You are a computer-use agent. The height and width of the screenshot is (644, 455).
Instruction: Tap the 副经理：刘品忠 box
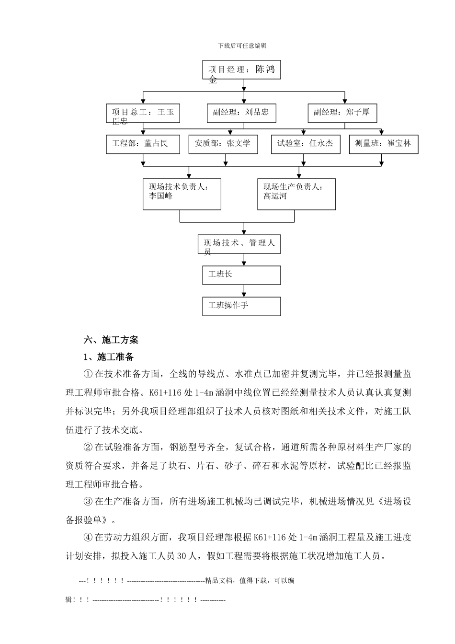pyautogui.click(x=241, y=113)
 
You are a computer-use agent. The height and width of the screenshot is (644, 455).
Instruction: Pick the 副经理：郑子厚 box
pyautogui.click(x=342, y=113)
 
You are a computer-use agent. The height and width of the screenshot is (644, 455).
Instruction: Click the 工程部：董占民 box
pyautogui.click(x=143, y=144)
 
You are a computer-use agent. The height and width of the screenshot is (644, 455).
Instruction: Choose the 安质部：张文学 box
pyautogui.click(x=223, y=144)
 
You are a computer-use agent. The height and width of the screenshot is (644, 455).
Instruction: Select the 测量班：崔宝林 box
pyautogui.click(x=383, y=144)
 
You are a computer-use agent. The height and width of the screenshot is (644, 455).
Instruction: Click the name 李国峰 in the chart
pyautogui.click(x=161, y=196)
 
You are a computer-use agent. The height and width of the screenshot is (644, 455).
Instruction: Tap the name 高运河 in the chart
pyautogui.click(x=275, y=196)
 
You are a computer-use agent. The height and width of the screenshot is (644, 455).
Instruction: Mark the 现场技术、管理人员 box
pyautogui.click(x=239, y=244)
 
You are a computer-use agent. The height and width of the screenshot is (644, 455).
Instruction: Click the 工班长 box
pyautogui.click(x=241, y=275)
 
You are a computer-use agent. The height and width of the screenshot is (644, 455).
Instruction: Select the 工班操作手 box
pyautogui.click(x=241, y=306)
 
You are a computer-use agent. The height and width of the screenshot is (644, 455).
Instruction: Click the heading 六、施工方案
pyautogui.click(x=111, y=340)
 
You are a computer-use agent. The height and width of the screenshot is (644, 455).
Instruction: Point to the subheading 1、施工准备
pyautogui.click(x=109, y=357)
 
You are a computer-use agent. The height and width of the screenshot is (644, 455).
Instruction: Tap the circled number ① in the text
pyautogui.click(x=88, y=374)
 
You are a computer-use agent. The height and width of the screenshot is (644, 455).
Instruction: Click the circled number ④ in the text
pyautogui.click(x=88, y=538)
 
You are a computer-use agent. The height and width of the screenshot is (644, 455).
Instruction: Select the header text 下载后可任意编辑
pyautogui.click(x=242, y=46)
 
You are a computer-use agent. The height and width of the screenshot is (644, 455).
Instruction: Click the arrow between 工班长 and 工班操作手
pyautogui.click(x=244, y=291)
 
